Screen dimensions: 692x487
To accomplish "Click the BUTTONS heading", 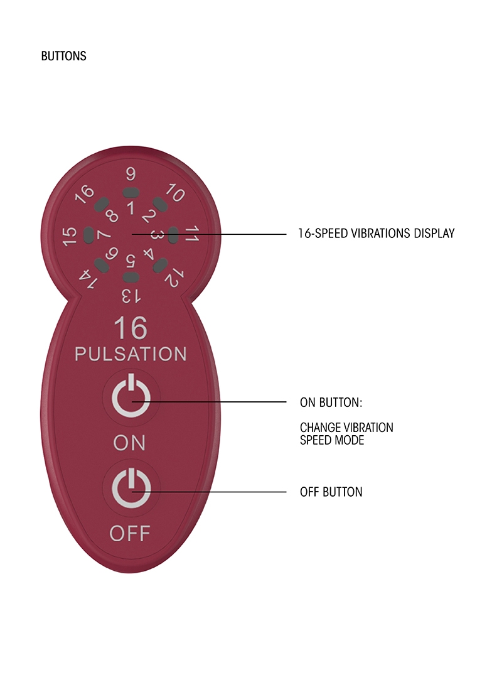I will [63, 57].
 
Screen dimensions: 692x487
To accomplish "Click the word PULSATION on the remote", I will [131, 354].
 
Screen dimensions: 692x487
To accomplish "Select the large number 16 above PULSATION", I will [131, 329].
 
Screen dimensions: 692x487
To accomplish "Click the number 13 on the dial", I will [130, 294].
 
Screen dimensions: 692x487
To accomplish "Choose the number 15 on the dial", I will [70, 235].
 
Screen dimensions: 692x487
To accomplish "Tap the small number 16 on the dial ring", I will [84, 194].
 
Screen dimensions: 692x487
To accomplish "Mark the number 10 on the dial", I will [175, 194].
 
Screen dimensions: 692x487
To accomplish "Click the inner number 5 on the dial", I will [130, 260].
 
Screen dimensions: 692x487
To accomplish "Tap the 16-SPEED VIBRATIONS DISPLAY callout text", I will [375, 234].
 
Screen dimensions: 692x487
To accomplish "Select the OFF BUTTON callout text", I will [331, 492].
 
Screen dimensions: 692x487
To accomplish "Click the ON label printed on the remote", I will [129, 443].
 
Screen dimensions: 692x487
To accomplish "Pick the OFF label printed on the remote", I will [129, 533].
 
